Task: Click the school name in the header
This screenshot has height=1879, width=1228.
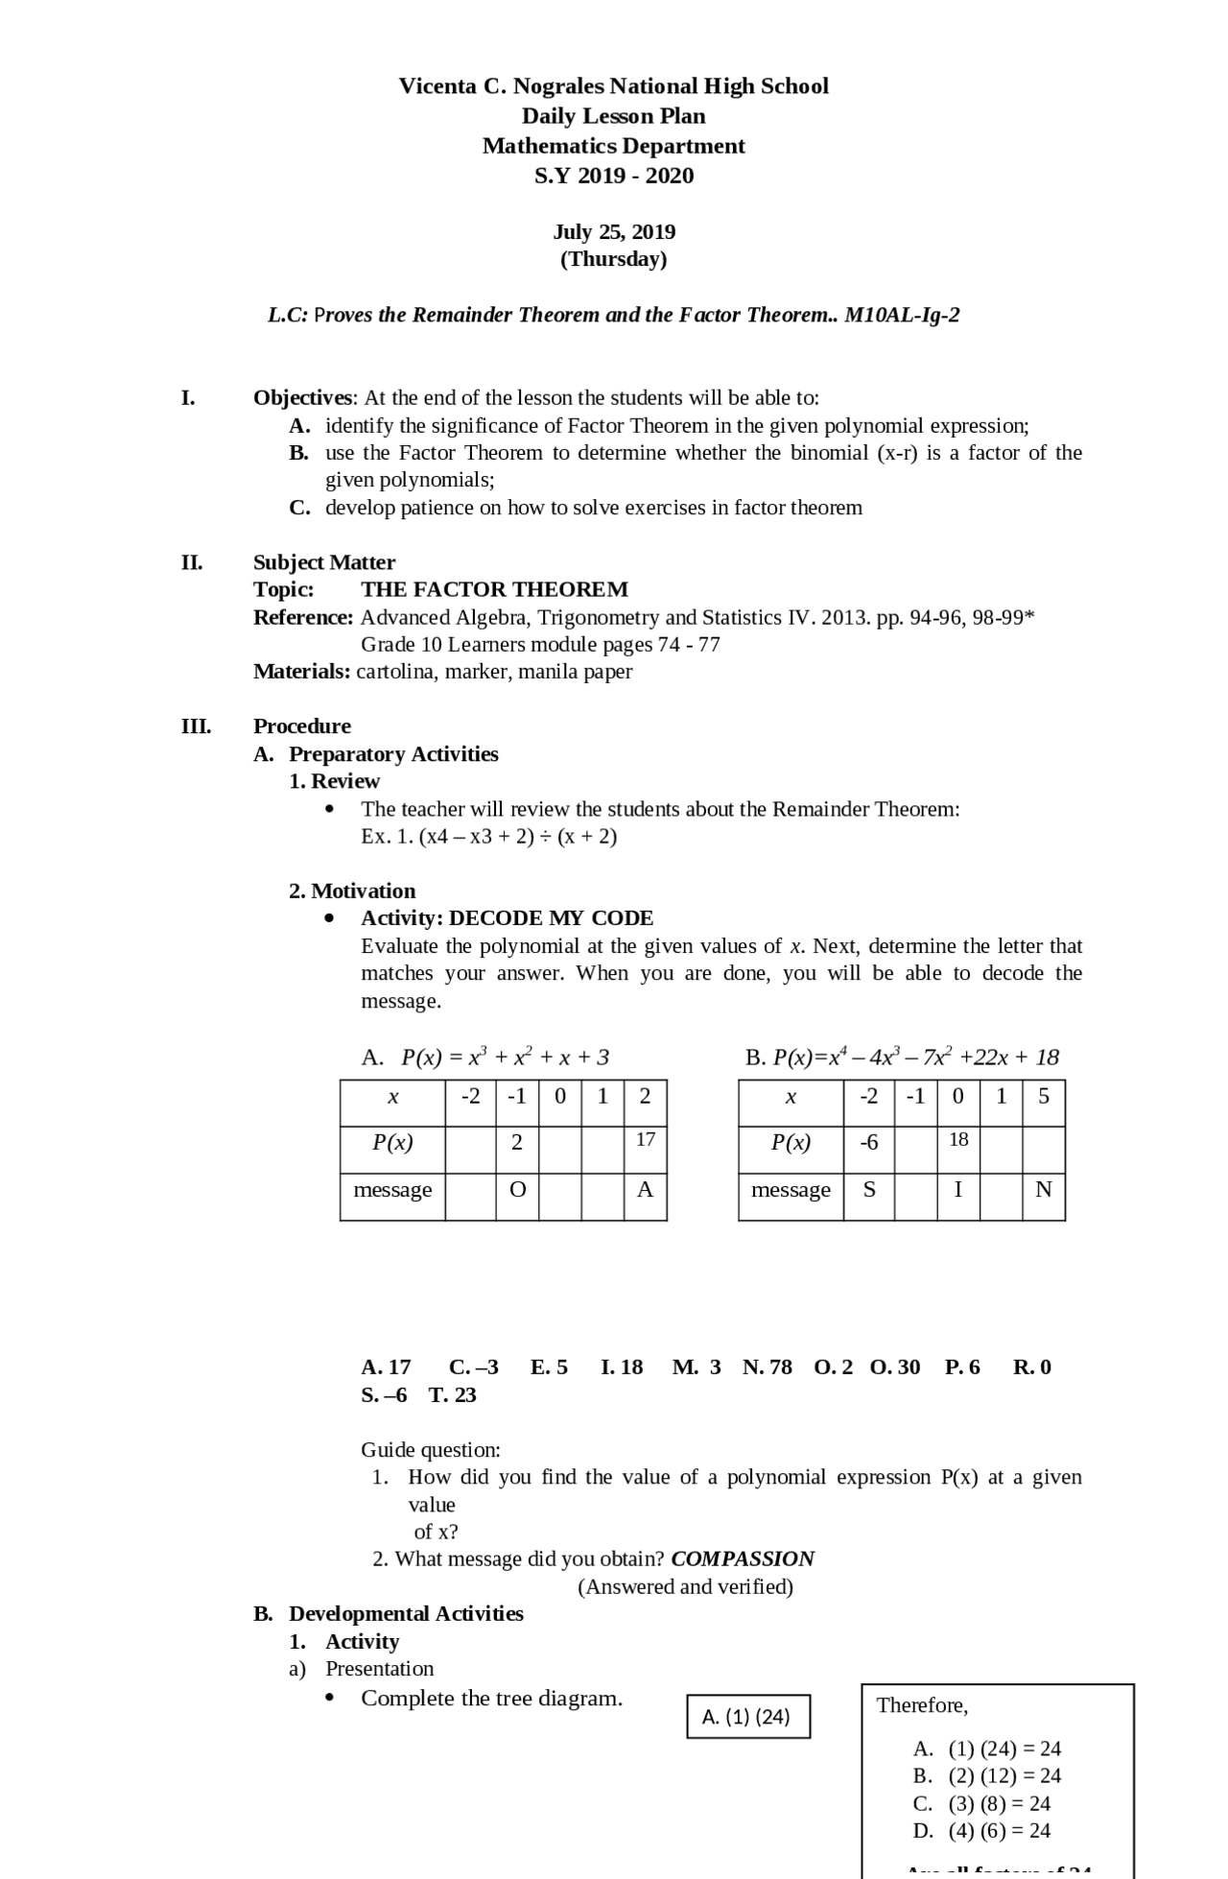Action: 613,86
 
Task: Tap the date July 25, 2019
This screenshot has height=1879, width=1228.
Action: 613,232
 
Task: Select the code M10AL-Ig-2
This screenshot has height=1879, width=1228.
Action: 901,315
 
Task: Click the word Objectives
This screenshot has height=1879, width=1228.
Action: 303,397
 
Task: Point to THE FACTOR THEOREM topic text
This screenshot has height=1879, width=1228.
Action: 494,589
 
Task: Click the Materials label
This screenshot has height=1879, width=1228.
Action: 301,672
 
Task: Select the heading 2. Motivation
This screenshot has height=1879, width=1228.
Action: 352,891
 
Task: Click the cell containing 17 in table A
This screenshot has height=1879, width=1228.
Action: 645,1140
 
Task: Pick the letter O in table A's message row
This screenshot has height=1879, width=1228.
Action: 517,1190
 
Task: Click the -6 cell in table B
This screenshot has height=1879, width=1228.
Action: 868,1142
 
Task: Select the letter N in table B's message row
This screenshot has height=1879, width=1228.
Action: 1043,1190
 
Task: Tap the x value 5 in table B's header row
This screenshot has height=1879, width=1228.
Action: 1043,1096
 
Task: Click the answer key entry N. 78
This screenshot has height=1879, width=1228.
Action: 767,1367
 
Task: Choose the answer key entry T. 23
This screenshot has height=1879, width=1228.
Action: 452,1394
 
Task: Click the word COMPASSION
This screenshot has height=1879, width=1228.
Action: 743,1558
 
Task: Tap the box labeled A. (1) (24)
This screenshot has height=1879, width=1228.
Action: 747,1717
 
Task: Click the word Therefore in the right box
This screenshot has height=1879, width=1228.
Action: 920,1705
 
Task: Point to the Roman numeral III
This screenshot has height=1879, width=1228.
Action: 196,725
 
